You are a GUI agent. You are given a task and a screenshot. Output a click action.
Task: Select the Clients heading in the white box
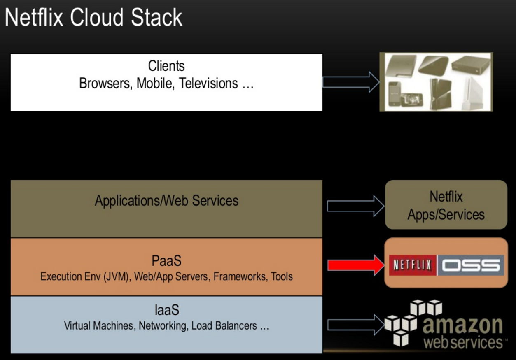tap(166, 66)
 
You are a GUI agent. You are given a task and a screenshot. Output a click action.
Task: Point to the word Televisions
tap(208, 84)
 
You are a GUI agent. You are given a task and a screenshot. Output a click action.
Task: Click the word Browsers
tap(105, 84)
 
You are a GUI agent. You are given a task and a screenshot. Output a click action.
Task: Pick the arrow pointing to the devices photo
tap(350, 82)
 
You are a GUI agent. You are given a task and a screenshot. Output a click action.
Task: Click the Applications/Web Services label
tap(166, 201)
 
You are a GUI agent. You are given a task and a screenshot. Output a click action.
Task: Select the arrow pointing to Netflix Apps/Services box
tap(355, 206)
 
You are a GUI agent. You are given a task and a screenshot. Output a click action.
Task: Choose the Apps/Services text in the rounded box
tap(446, 214)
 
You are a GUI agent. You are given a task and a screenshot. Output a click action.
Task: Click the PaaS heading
tap(166, 261)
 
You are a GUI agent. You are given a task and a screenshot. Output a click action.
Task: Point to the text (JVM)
tap(117, 276)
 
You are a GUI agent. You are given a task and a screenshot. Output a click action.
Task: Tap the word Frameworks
tap(240, 276)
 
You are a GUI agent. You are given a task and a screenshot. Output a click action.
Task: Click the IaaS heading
tap(166, 310)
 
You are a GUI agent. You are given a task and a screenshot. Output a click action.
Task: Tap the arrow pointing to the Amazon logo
tap(355, 324)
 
